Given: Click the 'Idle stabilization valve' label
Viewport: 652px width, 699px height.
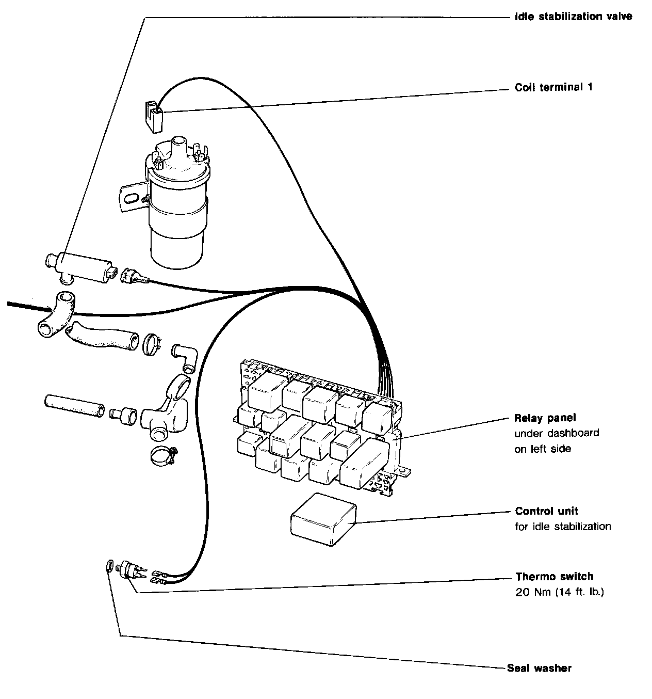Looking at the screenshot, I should tap(573, 17).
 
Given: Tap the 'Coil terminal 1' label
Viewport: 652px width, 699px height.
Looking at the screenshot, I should tap(553, 87).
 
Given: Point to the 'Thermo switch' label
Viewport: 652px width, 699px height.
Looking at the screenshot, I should tap(554, 576).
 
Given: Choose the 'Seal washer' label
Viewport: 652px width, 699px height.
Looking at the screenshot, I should tap(539, 668).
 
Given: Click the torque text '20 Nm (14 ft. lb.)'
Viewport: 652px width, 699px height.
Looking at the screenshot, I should tap(559, 592).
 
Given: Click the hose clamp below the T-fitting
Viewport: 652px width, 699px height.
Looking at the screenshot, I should tap(163, 455).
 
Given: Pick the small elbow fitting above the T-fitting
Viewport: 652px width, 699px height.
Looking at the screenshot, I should tap(185, 356).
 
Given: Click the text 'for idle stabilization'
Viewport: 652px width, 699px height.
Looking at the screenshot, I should tap(563, 527).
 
